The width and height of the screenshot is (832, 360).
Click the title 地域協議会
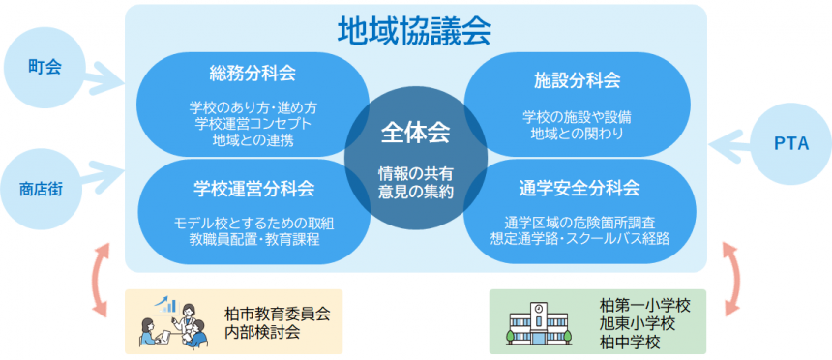coord(415,30)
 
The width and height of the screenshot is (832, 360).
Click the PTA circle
coord(789,144)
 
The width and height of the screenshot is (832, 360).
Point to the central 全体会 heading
coord(415,131)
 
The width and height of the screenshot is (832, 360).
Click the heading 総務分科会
coord(253,74)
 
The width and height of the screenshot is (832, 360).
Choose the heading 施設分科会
coord(578,78)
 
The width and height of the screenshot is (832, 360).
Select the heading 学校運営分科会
coord(254,188)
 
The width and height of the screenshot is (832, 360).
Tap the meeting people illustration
coord(173,322)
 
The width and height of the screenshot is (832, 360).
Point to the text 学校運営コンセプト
coord(253,123)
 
